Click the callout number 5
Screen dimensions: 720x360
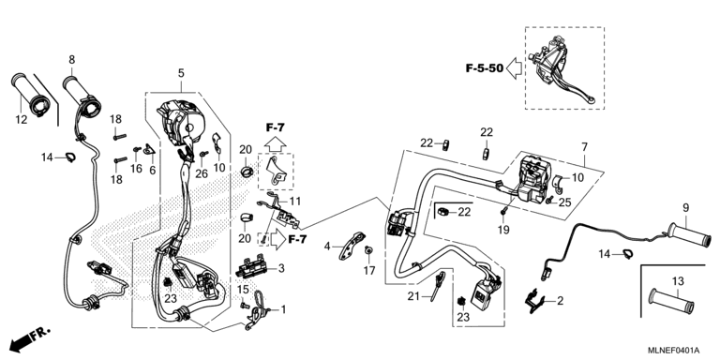coord(181,73)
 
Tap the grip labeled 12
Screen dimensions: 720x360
coord(31,94)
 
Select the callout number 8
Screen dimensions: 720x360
coord(72,60)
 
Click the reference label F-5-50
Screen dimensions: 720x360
coord(485,68)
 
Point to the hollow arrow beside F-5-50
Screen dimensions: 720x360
coord(515,68)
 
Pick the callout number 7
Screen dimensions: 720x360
coord(584,147)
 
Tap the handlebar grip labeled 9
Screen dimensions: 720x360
coord(689,235)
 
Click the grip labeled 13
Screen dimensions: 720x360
coord(671,302)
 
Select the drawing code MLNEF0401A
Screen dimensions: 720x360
coord(673,350)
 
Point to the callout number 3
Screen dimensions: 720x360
coord(281,268)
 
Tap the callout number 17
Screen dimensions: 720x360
coord(369,271)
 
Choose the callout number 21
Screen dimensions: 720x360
coord(413,297)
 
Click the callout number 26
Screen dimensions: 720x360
coord(202,173)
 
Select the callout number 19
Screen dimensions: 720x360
coord(503,230)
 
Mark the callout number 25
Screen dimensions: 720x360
coord(564,202)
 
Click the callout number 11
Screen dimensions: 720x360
coord(294,202)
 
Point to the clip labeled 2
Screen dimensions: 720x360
coord(535,300)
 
